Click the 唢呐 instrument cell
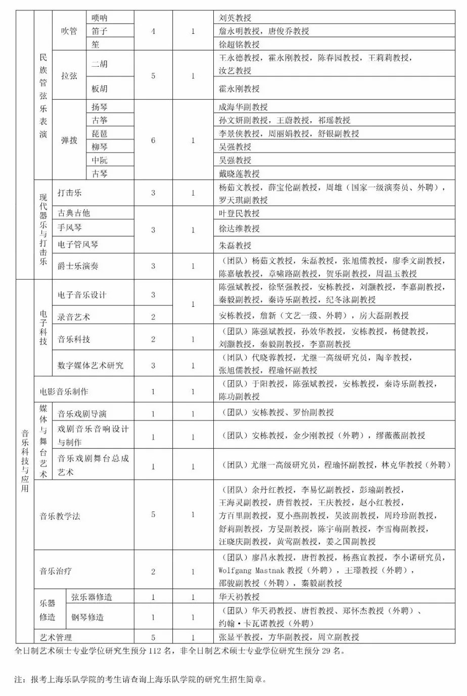pos(100,18)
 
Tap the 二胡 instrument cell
pos(100,64)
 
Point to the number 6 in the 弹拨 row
pos(153,141)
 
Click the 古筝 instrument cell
pos(100,120)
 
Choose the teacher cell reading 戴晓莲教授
pos(239,173)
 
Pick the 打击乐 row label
pos(70,193)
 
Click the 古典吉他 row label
pos(74,213)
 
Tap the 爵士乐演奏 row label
pos(78,266)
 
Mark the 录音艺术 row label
pos(74,317)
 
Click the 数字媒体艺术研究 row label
pos(90,365)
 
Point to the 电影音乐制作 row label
pos(64,391)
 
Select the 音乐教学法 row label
pos(60,516)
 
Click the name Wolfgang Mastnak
pos(252,570)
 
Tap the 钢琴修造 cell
pos(87,617)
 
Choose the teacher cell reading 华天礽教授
pos(239,597)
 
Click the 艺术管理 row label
pos(56,637)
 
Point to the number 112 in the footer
pos(154,651)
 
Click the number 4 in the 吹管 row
pos(153,31)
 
